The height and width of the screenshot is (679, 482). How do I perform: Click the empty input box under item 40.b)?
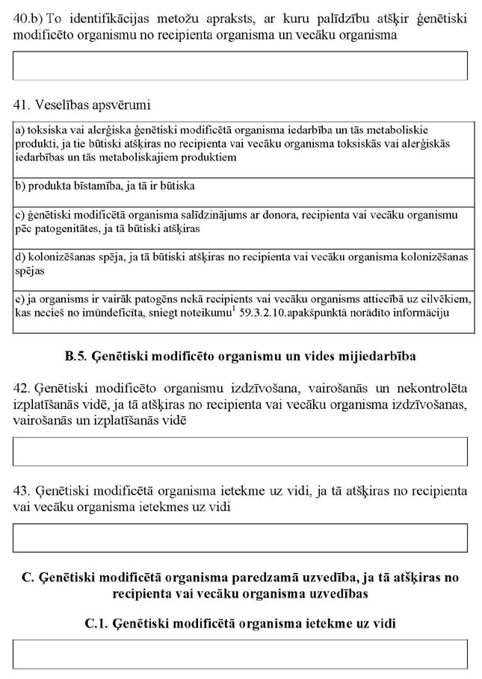point(241,66)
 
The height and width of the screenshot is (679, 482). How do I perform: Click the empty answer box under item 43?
point(241,537)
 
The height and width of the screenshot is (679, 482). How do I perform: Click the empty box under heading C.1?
point(241,654)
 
